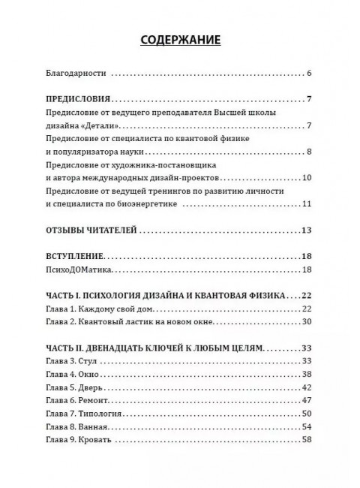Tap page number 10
coord(307,178)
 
